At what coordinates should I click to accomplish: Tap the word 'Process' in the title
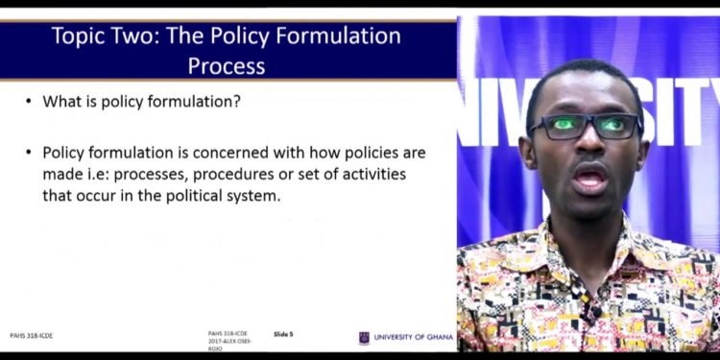(227, 65)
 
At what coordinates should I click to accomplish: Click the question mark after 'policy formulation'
(237, 102)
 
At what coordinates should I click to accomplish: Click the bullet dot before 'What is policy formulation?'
(29, 102)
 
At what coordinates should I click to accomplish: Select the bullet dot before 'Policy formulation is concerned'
(29, 153)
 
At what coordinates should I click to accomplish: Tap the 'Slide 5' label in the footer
(283, 334)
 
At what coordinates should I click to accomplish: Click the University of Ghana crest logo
(364, 338)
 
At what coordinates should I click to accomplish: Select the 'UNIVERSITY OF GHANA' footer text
(413, 338)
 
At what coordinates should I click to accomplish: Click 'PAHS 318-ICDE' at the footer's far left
(32, 338)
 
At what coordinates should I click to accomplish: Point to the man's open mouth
(589, 177)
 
